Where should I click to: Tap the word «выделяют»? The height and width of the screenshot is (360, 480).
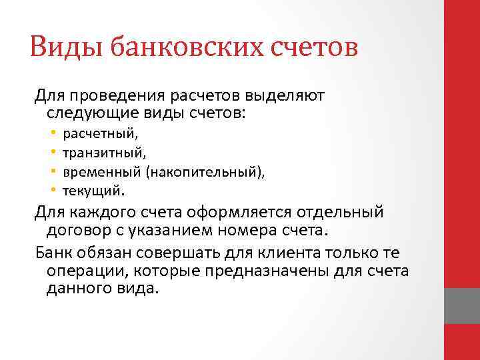click(x=291, y=96)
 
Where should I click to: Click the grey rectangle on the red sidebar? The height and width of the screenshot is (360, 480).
click(x=461, y=306)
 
